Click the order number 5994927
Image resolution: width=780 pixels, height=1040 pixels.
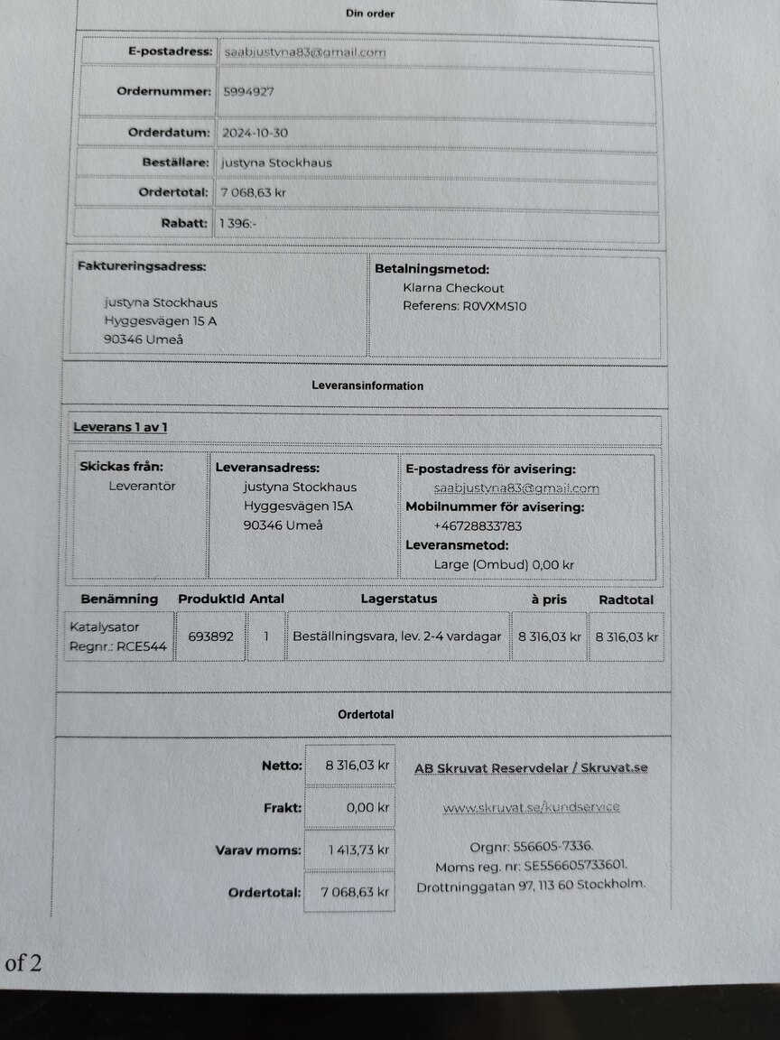247,91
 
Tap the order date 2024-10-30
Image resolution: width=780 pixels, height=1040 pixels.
255,133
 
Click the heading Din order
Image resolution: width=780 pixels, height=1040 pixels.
370,14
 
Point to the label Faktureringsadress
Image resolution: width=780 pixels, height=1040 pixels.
142,267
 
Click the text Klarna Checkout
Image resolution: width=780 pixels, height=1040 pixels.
453,288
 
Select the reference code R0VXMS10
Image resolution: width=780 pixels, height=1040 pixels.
495,306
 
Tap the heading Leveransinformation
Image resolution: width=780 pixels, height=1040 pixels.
367,385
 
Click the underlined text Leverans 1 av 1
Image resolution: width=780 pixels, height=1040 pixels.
120,426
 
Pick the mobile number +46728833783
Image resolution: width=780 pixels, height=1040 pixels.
478,526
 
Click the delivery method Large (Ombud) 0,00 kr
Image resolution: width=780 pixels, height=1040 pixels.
504,565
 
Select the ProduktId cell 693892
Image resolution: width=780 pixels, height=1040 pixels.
210,636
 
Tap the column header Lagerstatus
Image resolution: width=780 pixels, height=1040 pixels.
398,599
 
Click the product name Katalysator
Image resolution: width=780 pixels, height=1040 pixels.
105,627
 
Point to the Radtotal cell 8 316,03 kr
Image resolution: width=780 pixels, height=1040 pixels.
627,636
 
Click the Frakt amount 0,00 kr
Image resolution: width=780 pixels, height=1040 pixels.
367,808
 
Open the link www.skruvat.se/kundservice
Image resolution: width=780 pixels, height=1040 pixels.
531,807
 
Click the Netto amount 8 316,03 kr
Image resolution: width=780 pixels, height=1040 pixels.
357,766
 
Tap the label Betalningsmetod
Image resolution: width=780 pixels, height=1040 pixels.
432,269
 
